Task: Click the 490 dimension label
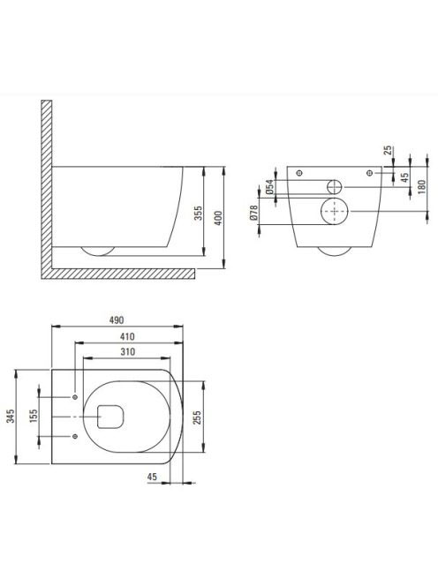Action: [117, 320]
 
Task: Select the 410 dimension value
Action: [127, 337]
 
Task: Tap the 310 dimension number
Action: [127, 352]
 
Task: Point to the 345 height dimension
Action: [11, 416]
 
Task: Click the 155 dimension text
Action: [34, 416]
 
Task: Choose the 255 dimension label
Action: [197, 417]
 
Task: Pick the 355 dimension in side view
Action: [198, 213]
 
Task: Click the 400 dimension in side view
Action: [218, 218]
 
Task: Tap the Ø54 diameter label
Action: [269, 187]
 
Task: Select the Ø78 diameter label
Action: [253, 212]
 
